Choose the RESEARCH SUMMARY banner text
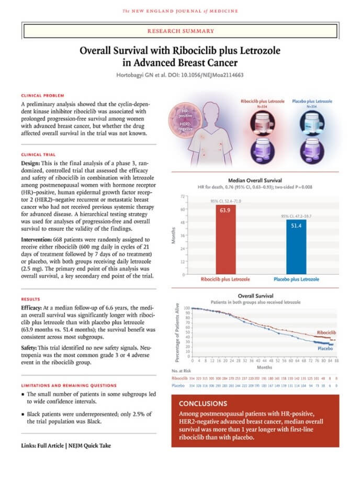181,31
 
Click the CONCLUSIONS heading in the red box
204,404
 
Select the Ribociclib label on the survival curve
327,333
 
